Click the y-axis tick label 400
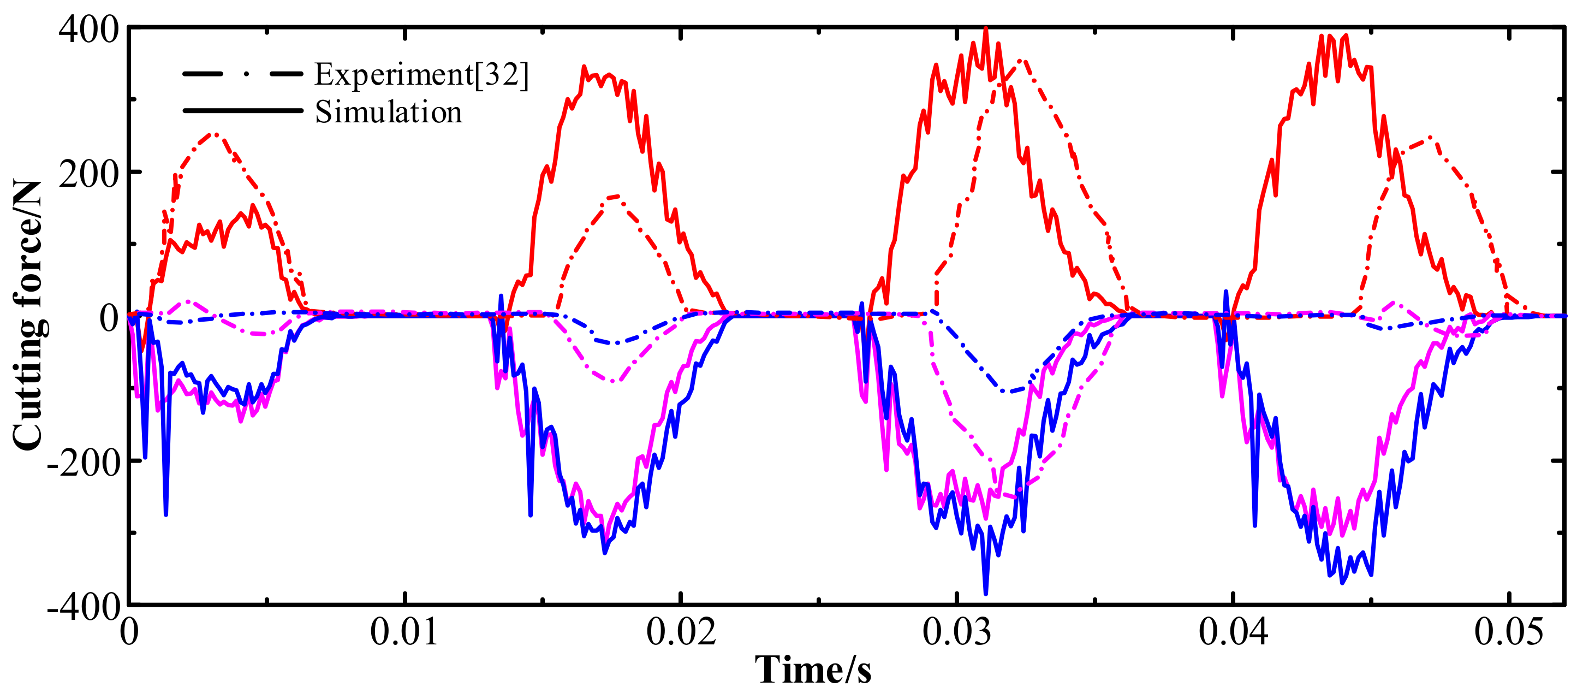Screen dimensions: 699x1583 88,29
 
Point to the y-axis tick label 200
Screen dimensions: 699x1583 88,174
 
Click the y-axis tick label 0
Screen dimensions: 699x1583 109,318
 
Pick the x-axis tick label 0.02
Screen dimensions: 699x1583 680,631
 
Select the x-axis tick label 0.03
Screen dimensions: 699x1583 957,631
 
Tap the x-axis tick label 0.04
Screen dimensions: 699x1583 1233,631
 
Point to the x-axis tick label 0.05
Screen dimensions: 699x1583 1509,631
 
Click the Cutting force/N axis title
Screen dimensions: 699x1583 28,315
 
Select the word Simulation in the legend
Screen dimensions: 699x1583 388,112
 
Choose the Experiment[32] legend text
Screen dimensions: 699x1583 421,74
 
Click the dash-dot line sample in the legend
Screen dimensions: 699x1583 243,74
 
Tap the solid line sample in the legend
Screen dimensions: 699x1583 243,111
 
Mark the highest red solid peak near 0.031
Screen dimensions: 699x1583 986,28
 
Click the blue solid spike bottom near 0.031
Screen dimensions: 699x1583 986,593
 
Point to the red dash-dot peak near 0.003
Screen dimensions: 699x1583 213,133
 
